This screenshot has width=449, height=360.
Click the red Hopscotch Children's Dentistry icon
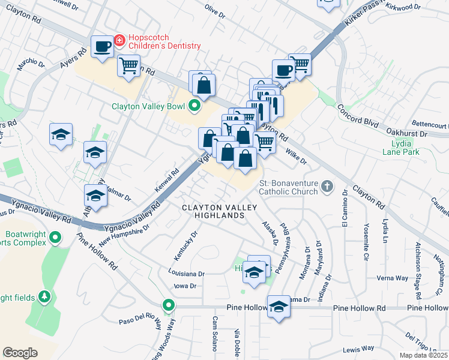pyautogui.click(x=119, y=41)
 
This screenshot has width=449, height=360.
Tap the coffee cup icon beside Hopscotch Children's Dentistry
pyautogui.click(x=102, y=47)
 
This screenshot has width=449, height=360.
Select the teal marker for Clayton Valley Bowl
pyautogui.click(x=194, y=107)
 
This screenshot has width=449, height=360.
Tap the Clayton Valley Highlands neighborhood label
pyautogui.click(x=220, y=211)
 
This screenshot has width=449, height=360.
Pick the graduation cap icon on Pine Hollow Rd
pyautogui.click(x=279, y=307)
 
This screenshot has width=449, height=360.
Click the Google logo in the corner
pyautogui.click(x=20, y=353)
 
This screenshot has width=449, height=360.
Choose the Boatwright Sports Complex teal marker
pyautogui.click(x=55, y=238)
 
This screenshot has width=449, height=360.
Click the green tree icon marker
pyautogui.click(x=44, y=296)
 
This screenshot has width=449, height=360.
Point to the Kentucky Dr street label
pyautogui.click(x=185, y=246)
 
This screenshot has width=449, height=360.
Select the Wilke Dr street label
pyautogui.click(x=296, y=157)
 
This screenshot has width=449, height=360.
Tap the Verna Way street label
pyautogui.click(x=392, y=278)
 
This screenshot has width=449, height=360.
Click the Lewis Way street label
pyautogui.click(x=358, y=348)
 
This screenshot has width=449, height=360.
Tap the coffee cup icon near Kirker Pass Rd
pyautogui.click(x=283, y=70)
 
